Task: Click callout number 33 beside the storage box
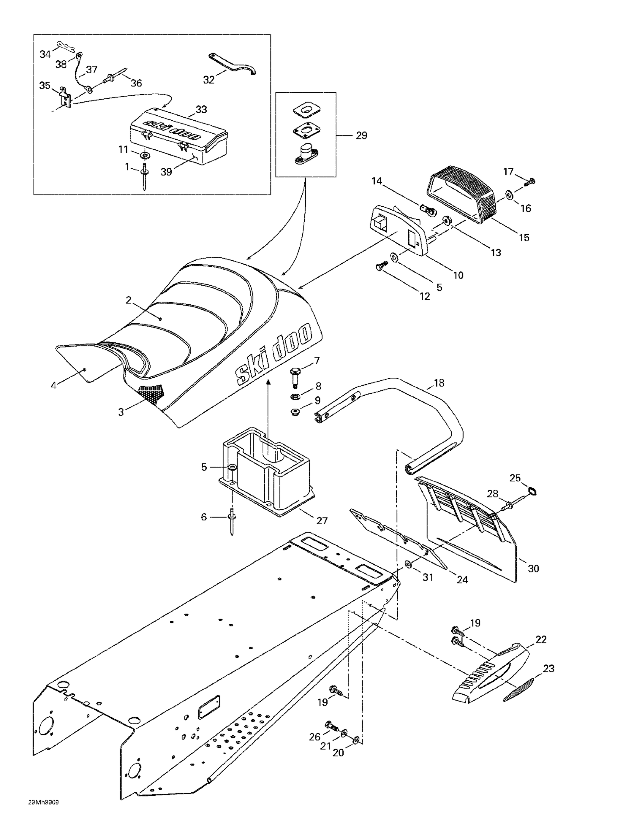[201, 110]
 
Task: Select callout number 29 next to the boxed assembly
[361, 135]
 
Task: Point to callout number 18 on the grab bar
[439, 383]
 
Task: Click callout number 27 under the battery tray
[322, 521]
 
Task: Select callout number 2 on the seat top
[128, 300]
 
